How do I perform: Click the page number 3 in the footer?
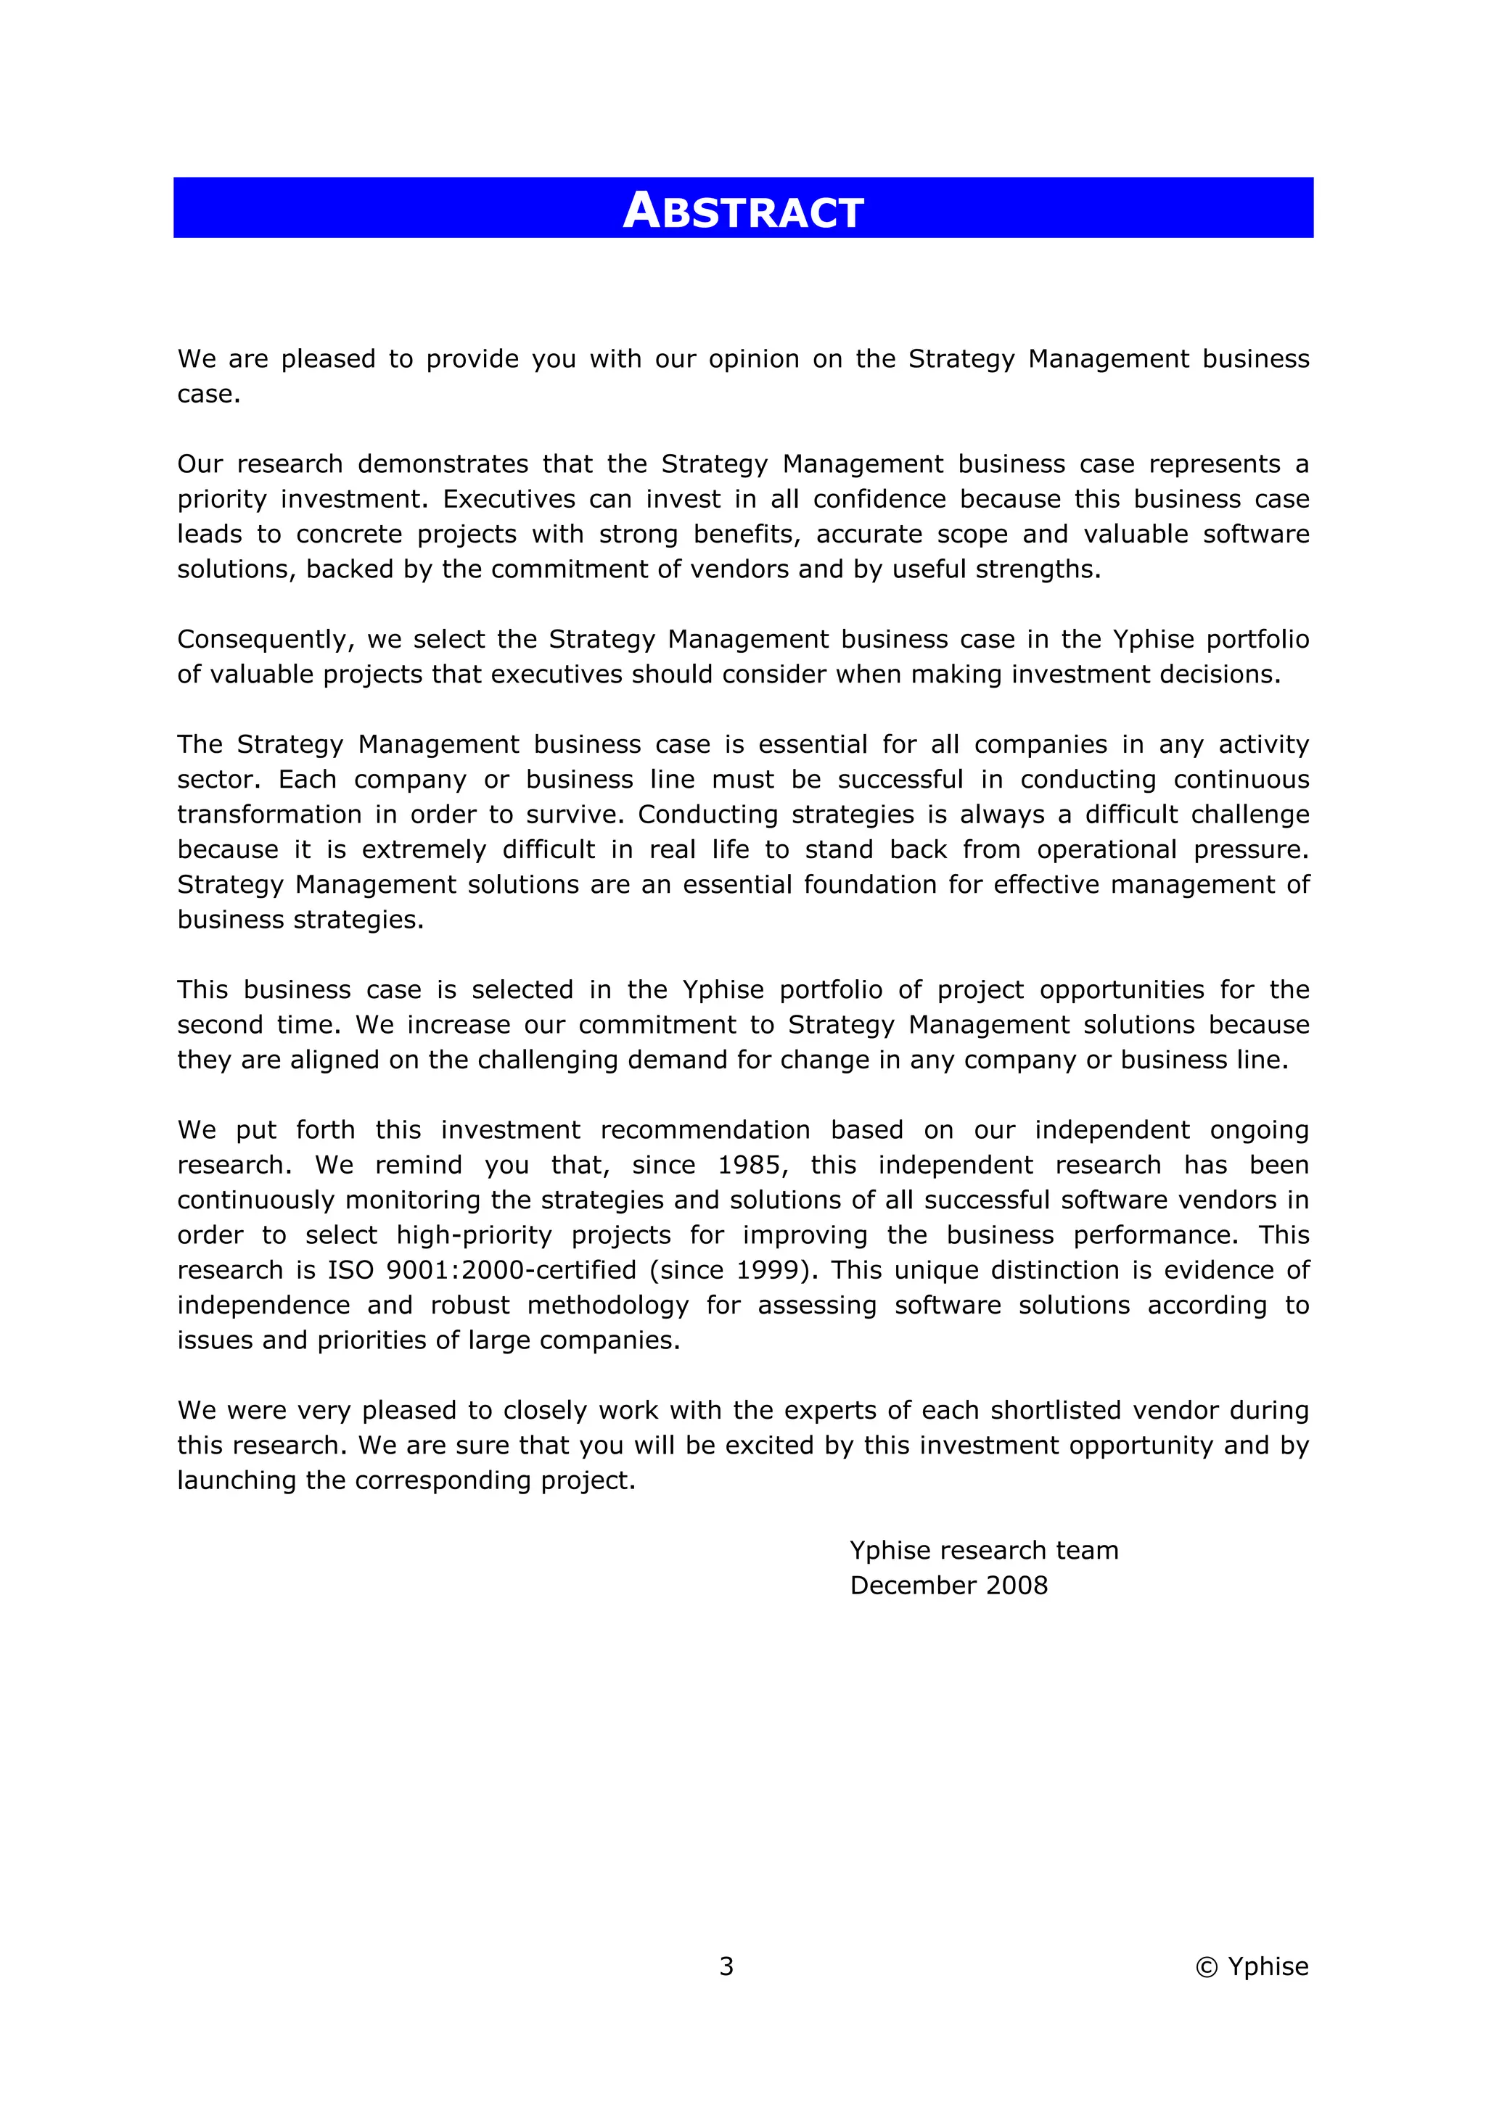726,1966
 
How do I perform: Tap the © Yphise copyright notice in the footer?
1252,1966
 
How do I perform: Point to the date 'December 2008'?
948,1585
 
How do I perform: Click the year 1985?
749,1165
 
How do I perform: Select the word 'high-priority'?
473,1235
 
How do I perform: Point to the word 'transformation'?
269,814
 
